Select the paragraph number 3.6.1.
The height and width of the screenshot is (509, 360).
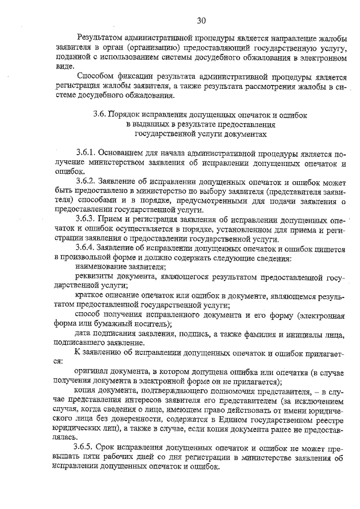[87, 153]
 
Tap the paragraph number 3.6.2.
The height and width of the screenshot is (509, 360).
[87, 182]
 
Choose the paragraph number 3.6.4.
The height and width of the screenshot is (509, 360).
[87, 248]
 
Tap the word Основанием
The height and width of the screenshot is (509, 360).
[124, 153]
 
